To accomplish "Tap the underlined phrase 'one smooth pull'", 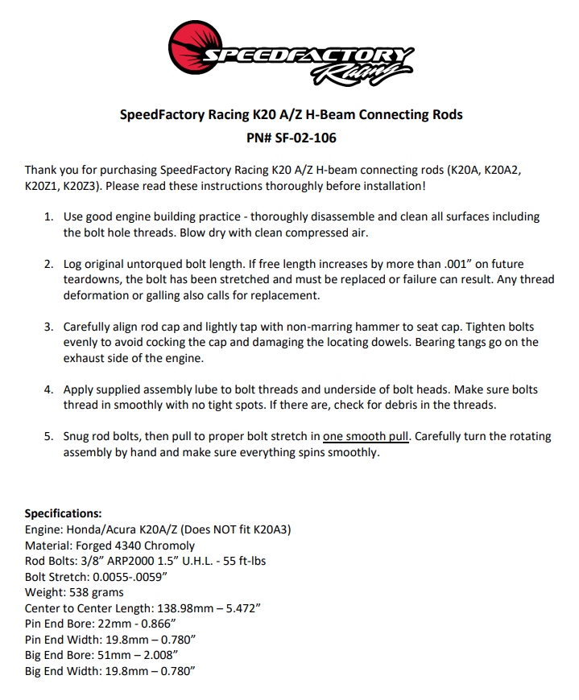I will (367, 436).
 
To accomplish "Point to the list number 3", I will (48, 327).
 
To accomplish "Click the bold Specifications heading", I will (64, 513).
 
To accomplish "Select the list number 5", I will (48, 436).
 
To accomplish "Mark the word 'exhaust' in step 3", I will (85, 358).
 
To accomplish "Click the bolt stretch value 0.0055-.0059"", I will (133, 577).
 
